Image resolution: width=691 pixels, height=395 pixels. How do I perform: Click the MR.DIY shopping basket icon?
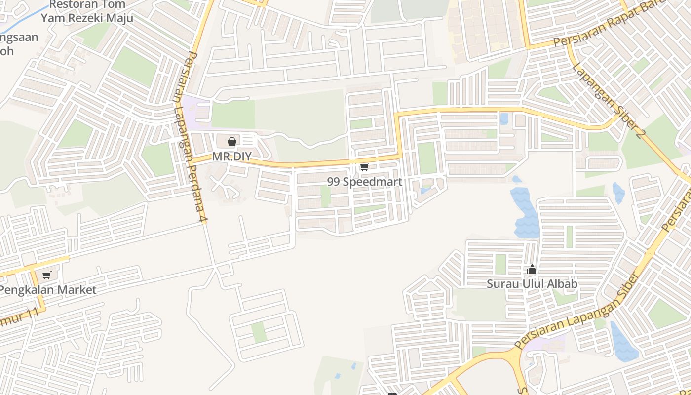pos(231,142)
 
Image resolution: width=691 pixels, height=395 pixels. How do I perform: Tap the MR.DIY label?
pos(231,157)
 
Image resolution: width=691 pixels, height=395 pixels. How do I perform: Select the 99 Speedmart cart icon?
pos(364,167)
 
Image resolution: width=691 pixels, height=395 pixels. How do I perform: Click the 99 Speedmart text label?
pos(364,182)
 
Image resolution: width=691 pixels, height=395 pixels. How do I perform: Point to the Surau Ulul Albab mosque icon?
pos(532,270)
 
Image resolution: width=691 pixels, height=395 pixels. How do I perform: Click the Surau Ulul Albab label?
pos(532,284)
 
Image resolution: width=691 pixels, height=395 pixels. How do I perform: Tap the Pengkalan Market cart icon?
pos(46,275)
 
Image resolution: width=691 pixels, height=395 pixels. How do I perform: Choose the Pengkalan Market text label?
pos(48,290)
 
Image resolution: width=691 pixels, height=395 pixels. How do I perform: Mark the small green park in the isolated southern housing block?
pos(259,332)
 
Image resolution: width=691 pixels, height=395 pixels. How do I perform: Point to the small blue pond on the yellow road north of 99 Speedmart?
pos(503,118)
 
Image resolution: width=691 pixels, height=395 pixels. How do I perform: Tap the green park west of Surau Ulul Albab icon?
pos(500,264)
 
